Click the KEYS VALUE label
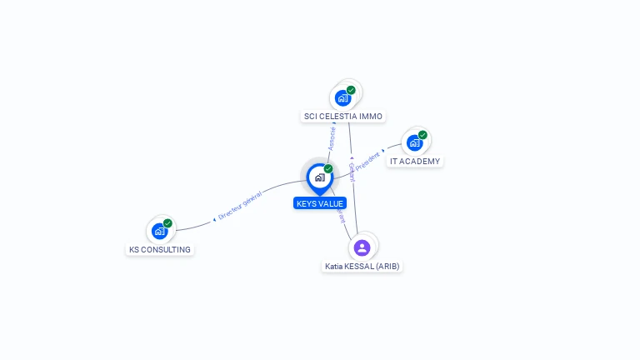point(320,203)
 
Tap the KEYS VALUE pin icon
point(319,177)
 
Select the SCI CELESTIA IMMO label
point(344,117)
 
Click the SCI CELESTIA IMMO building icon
point(342,98)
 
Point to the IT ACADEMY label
point(415,161)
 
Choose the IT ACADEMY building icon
point(414,143)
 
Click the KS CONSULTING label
point(160,249)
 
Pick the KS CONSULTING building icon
point(159,232)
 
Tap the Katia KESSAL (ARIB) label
point(362,267)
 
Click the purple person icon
point(362,247)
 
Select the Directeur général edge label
point(240,205)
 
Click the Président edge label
point(367,161)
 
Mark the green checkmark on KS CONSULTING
point(167,223)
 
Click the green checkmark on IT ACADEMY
point(422,135)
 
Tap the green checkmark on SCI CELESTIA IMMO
point(351,90)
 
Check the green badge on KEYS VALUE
point(328,168)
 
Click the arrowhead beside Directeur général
point(214,219)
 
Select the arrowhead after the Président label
point(383,152)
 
